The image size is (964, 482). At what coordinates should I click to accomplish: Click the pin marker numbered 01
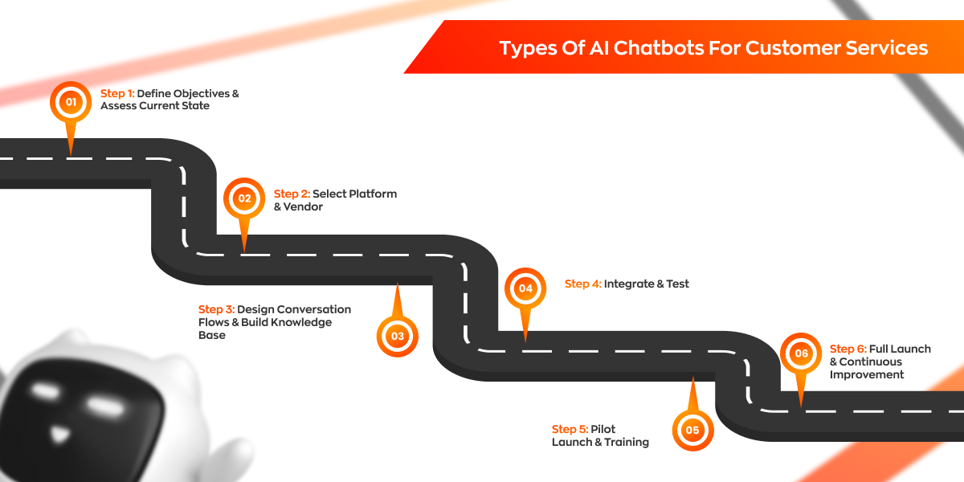click(71, 102)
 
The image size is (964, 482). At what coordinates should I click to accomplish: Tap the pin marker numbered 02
click(244, 198)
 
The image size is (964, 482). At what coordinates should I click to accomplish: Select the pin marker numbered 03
click(398, 336)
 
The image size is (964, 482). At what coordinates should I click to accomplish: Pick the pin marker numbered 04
click(525, 288)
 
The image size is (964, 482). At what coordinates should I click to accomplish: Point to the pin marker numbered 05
click(692, 430)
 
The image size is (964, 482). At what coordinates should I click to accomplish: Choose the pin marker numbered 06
click(801, 353)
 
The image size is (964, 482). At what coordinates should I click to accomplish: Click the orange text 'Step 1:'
click(117, 93)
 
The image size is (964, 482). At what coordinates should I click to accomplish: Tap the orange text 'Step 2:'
click(291, 194)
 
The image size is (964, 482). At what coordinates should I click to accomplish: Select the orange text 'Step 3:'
click(215, 309)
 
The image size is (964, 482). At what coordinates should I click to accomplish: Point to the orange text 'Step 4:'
click(582, 284)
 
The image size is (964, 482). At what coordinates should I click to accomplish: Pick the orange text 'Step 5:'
click(570, 429)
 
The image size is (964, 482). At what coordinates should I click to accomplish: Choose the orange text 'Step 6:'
click(848, 349)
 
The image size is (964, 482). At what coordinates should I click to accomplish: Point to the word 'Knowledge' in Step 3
click(302, 322)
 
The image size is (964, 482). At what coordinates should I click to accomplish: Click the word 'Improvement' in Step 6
click(867, 374)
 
